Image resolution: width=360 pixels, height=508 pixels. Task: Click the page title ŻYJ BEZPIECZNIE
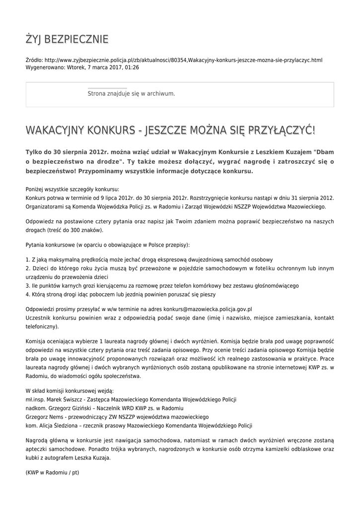67,39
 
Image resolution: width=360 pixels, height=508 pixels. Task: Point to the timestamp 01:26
132,67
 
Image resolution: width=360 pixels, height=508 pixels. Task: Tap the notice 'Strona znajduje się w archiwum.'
131,93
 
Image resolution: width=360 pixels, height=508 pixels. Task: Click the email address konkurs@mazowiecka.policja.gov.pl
207,309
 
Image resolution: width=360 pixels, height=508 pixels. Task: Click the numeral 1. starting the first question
27,259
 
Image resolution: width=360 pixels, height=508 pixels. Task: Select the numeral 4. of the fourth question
28,294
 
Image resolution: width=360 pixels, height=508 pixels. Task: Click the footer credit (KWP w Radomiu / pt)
52,473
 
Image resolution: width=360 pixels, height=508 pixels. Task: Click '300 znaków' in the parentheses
87,230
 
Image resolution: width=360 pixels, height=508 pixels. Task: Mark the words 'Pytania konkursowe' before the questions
49,245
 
